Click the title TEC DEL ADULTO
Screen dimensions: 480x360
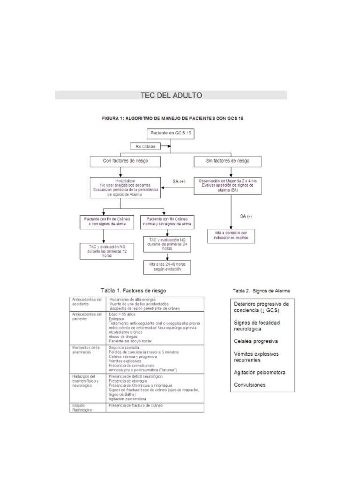pos(171,95)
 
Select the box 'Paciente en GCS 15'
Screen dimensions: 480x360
pos(170,134)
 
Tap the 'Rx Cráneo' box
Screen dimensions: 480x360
pos(145,146)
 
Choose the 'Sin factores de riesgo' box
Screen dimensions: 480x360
pos(228,161)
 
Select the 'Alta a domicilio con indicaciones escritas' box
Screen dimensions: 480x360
pos(231,236)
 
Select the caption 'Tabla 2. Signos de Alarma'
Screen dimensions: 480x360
pos(261,291)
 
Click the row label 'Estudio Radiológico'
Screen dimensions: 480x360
pos(82,406)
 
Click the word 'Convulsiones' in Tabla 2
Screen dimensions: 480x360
pos(249,385)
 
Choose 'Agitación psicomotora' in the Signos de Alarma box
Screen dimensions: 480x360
pos(260,372)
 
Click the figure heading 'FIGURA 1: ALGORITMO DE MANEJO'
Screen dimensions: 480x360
pos(172,119)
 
